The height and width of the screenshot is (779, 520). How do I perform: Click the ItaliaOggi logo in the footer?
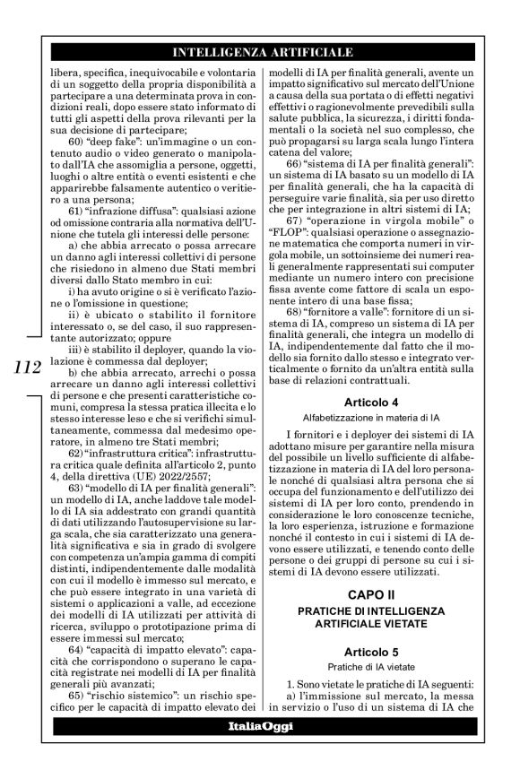point(261,726)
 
